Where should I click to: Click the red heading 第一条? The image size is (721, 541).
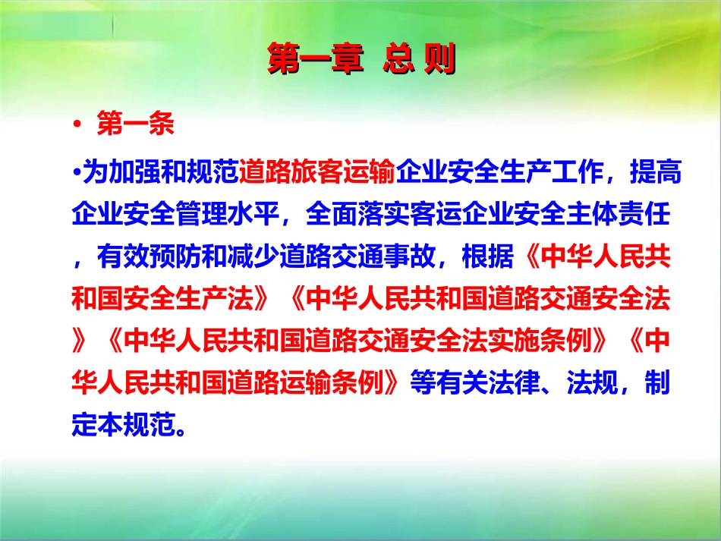(135, 125)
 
